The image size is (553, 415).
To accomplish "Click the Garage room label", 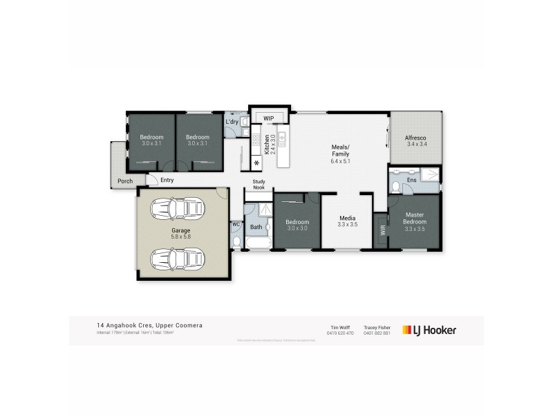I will click(181, 230).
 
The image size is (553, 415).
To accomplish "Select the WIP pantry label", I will click(268, 118).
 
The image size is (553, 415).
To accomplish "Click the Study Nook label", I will click(258, 185).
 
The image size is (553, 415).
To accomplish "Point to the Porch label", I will click(125, 181).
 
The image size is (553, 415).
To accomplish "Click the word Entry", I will click(167, 181).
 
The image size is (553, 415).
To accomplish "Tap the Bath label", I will click(256, 227).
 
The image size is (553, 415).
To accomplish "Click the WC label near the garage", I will click(236, 224).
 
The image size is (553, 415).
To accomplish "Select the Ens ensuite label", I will click(411, 180).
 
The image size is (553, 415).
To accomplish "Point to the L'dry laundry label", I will click(232, 122).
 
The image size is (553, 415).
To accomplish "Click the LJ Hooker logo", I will click(430, 331).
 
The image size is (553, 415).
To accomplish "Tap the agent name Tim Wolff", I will click(339, 327).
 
